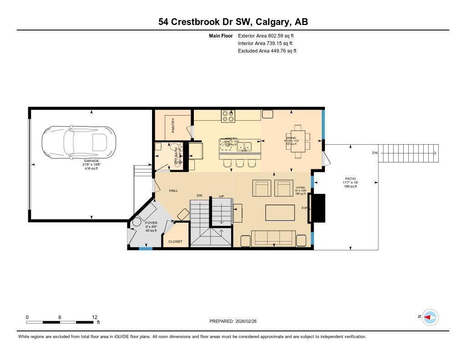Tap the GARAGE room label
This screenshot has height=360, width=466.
[91, 161]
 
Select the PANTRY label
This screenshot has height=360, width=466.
[173, 126]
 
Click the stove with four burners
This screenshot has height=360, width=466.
[228, 117]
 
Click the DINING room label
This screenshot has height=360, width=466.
[291, 138]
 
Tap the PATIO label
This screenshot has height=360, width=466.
[350, 179]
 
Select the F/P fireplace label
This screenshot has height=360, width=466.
[305, 208]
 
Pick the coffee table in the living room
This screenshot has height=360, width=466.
[280, 213]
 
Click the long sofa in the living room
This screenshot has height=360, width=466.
[273, 238]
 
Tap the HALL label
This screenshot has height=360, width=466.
[173, 191]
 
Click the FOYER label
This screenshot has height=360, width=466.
[151, 223]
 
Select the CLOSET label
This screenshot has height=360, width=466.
[175, 242]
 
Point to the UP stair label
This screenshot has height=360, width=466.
[222, 196]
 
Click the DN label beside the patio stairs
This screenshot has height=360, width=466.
[375, 153]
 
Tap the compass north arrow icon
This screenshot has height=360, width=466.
[430, 317]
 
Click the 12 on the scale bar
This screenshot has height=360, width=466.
[94, 317]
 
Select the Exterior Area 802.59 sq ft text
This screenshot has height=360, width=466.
[267, 35]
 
